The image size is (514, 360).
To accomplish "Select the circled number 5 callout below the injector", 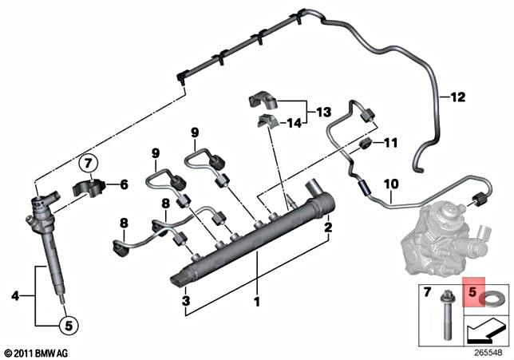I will (x=68, y=325).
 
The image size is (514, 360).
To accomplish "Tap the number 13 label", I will (x=322, y=112).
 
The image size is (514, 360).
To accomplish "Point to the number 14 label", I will (x=295, y=123).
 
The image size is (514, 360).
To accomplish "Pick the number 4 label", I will (x=15, y=296).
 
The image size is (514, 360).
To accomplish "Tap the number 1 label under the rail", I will (x=256, y=303).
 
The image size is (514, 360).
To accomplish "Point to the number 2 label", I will (x=326, y=227).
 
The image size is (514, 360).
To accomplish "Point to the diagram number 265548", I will (x=488, y=351).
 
